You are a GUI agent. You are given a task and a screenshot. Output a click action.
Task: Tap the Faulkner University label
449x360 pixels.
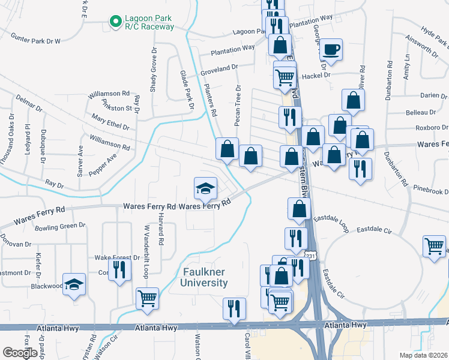tap(205, 277)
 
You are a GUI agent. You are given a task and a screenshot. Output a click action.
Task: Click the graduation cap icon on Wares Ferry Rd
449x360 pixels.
tap(205, 188)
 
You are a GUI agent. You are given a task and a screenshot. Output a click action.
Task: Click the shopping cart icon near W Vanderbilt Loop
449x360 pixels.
tap(147, 298)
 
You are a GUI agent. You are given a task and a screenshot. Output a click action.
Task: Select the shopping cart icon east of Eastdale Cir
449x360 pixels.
tap(435, 245)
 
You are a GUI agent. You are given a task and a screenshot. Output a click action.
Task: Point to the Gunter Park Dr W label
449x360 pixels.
tap(35, 40)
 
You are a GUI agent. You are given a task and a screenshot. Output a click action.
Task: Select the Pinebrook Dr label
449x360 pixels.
tap(430, 191)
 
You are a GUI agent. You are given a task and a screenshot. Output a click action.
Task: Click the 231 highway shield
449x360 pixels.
tap(309, 256)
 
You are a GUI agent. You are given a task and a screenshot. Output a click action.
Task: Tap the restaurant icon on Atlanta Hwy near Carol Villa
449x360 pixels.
tap(234, 308)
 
